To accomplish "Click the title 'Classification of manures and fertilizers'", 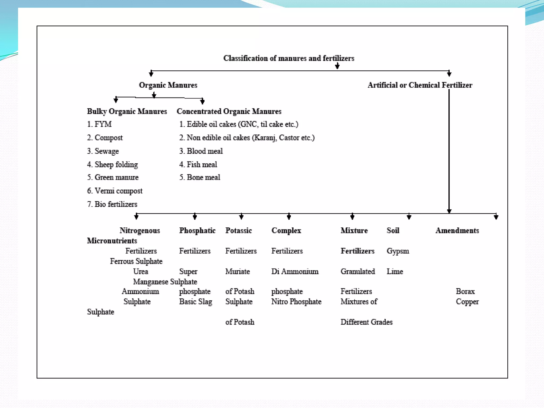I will pos(288,58).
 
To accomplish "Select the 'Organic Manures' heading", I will pos(168,85).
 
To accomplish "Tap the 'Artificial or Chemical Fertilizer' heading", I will pos(420,85).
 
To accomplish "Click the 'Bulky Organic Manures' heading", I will pos(127,111).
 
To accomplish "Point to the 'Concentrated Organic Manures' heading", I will pos(229,111).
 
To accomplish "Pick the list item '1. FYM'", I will pos(99,124).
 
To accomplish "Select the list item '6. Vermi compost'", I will pos(114,191).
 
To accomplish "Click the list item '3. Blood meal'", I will pos(201,151).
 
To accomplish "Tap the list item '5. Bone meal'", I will pos(199,177).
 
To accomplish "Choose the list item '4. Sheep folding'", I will pos(112,165).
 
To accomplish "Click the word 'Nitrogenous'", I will pos(140,230).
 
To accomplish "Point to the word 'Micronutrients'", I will pos(112,241).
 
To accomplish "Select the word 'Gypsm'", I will pos(398,251).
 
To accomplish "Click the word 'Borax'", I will pos(465,291).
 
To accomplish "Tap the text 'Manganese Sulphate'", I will pos(165,282).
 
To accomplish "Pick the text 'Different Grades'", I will pos(366,322).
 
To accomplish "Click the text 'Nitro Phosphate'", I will pos(296,302).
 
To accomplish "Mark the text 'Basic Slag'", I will pos(195,302).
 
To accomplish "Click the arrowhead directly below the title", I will pos(337,66).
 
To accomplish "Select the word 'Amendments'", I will pos(457,230).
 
